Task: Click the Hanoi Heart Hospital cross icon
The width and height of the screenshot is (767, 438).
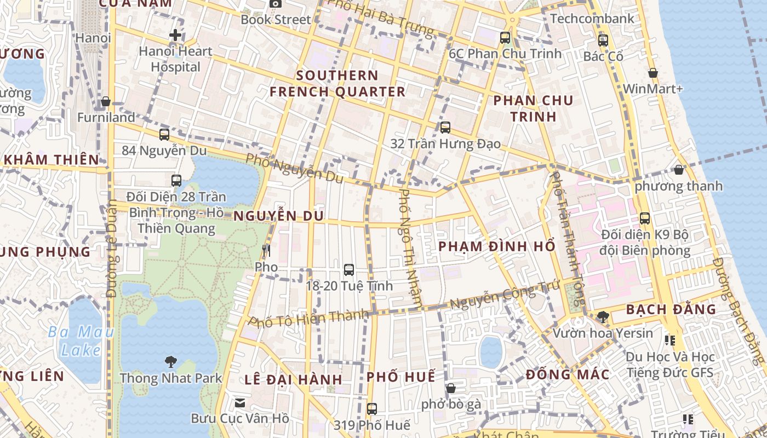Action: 175,36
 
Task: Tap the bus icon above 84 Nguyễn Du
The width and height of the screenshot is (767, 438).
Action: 164,134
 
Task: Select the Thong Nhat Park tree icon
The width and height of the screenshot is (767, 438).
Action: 171,361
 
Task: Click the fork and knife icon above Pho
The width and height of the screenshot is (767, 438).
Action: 266,251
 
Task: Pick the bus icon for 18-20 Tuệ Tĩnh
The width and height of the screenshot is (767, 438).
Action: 349,269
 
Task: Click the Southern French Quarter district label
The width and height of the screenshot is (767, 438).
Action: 337,83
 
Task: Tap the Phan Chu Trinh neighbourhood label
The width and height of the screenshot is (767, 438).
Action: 533,108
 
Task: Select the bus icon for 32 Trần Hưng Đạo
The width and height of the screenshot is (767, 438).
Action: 445,128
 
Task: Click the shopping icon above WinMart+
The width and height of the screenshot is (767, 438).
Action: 652,73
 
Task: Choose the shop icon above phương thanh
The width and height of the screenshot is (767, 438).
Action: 679,170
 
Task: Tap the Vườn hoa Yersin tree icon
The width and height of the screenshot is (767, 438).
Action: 603,316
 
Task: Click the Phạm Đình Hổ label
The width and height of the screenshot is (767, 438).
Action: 497,246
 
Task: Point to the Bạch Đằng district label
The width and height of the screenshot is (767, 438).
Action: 671,309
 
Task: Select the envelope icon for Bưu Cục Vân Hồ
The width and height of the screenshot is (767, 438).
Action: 240,403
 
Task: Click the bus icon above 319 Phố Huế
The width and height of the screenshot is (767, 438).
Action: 372,408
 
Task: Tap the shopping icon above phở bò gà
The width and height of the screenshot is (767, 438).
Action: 451,388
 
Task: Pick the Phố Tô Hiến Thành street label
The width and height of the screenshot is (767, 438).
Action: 309,318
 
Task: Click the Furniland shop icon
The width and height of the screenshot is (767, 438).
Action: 106,102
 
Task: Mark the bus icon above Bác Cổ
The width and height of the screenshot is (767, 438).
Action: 603,40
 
